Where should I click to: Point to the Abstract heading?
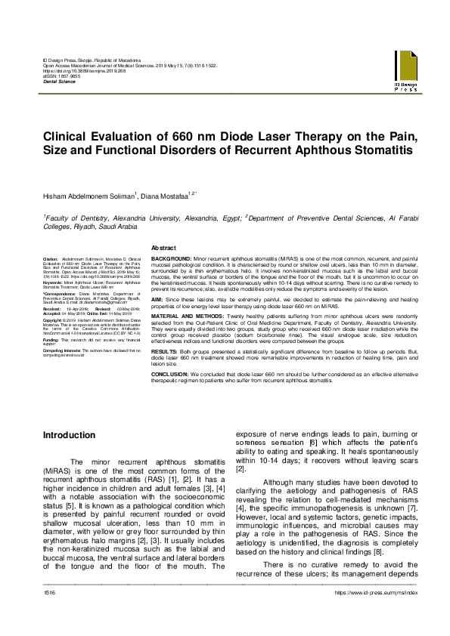point(164,248)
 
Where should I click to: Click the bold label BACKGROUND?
point(172,258)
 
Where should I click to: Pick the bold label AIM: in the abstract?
point(157,299)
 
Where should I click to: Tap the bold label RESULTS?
point(165,352)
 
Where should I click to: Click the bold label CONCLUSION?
point(172,372)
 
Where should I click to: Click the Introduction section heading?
point(69,436)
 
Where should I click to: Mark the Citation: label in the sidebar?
point(51,258)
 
